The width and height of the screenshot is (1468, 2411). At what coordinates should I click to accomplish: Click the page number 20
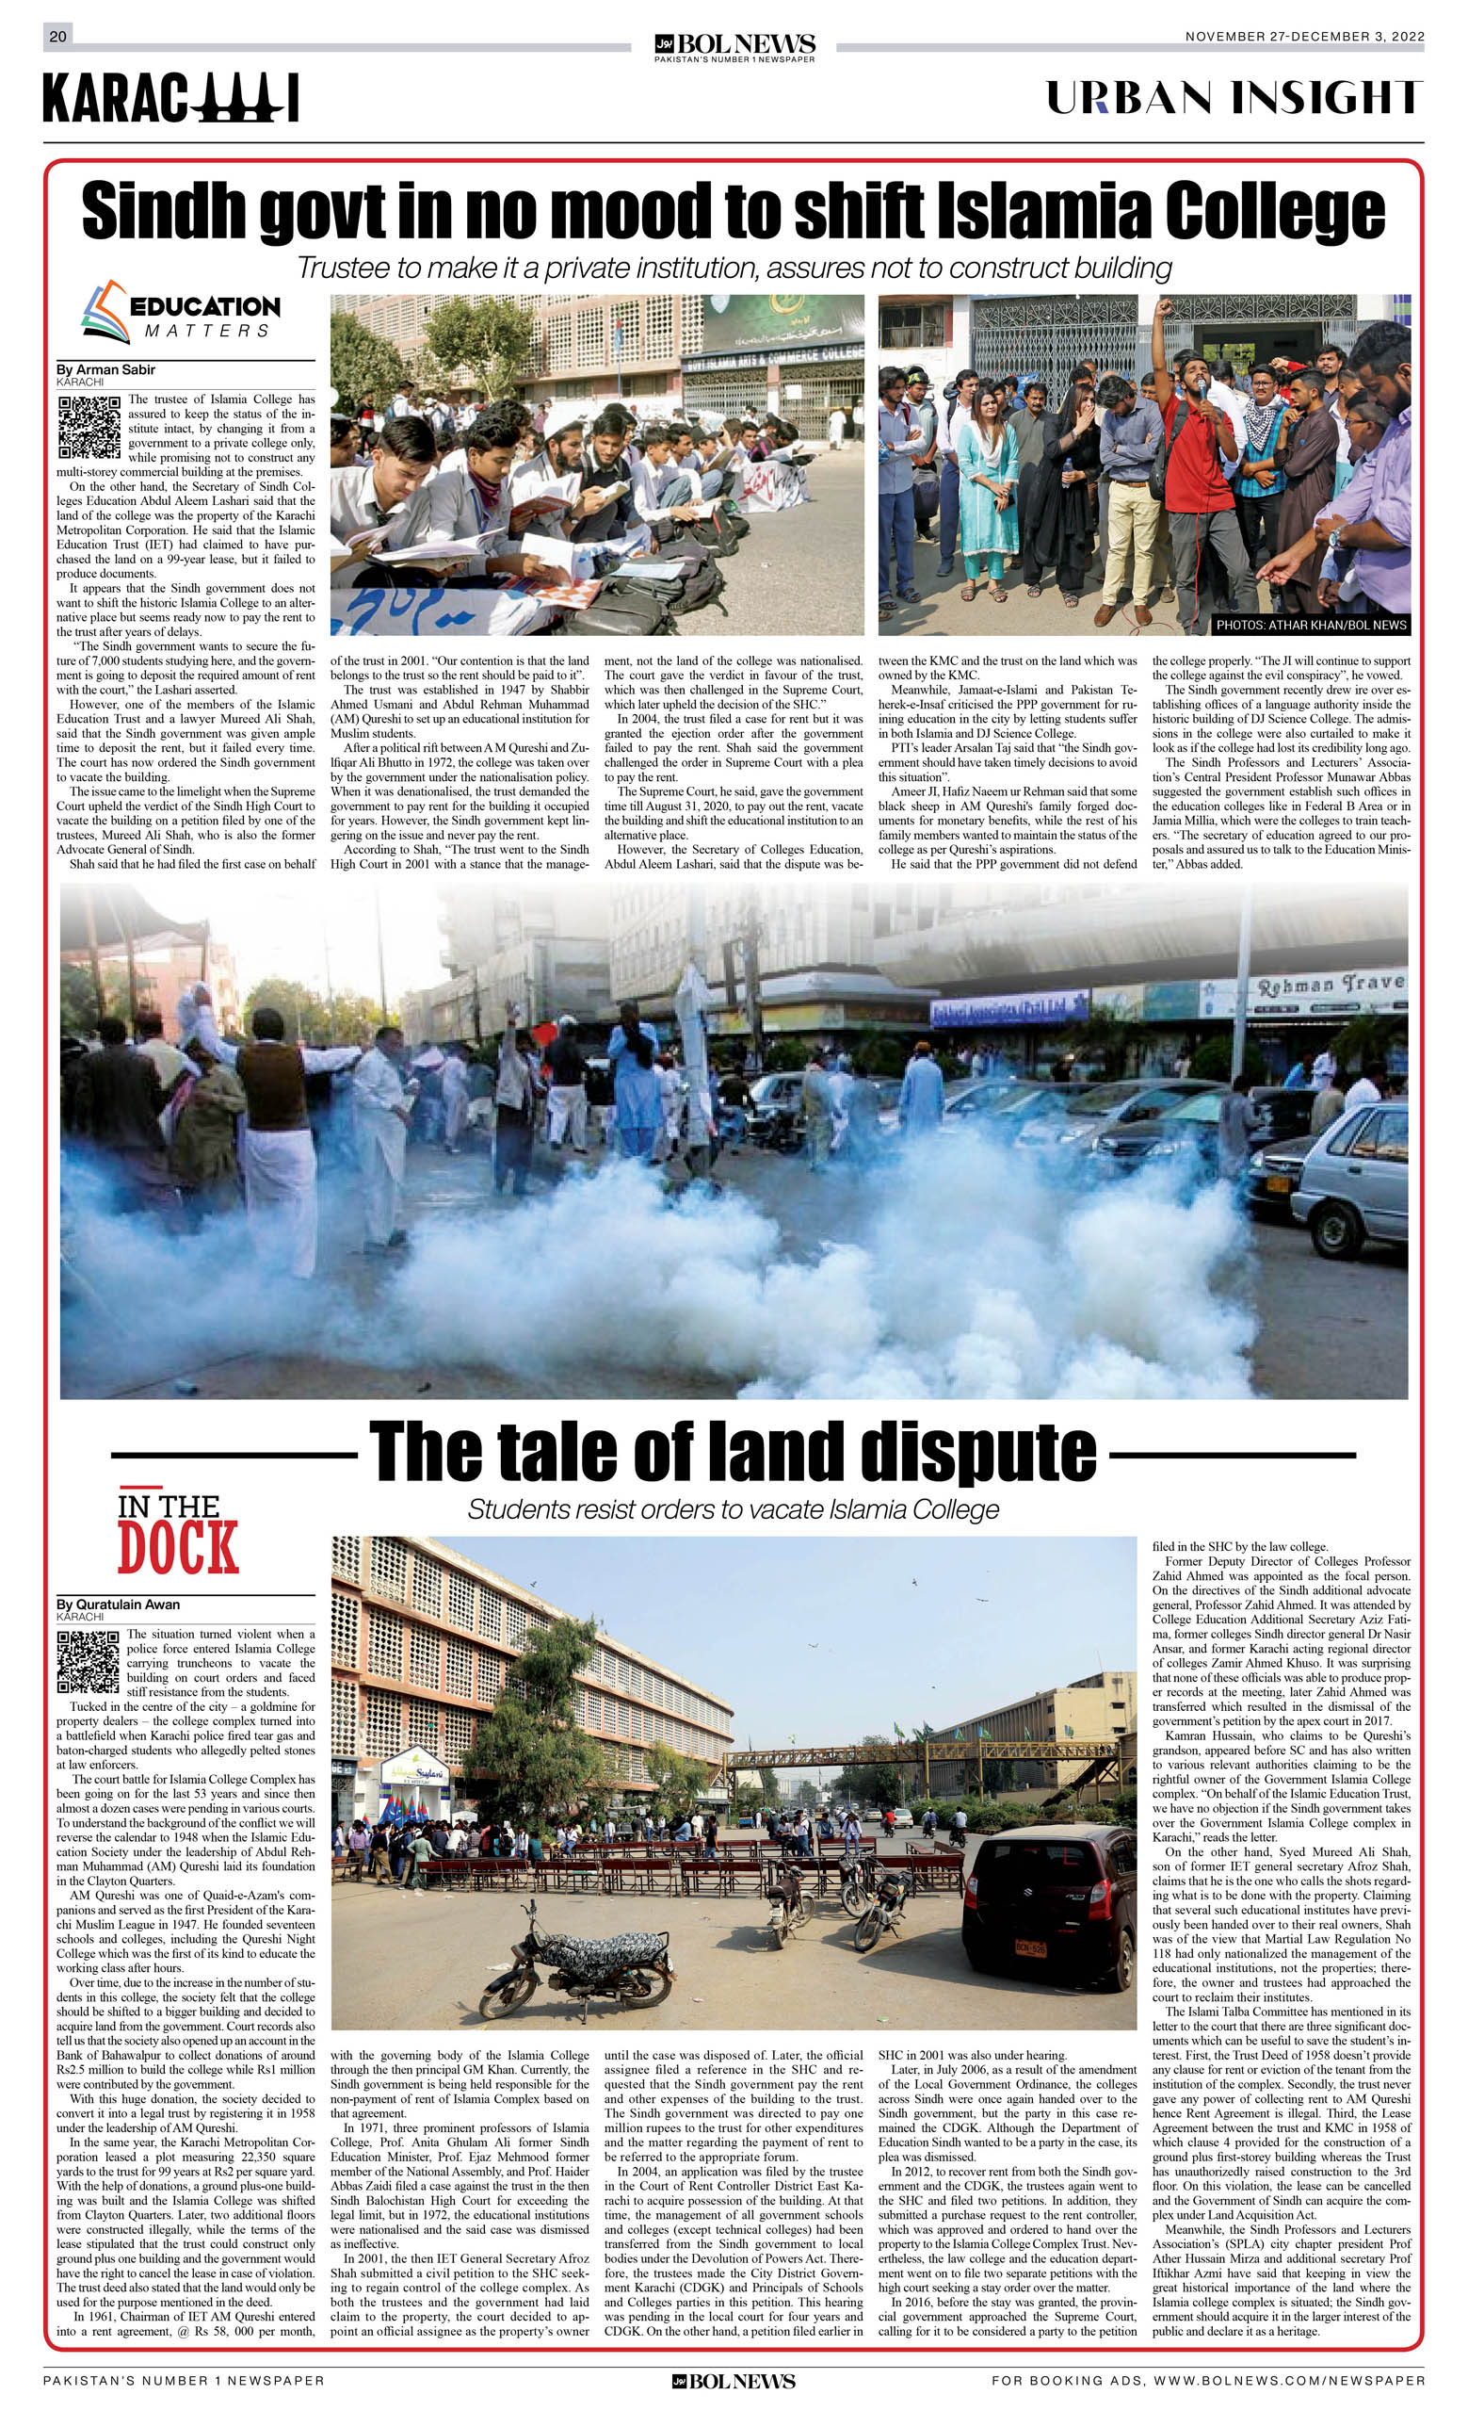57,36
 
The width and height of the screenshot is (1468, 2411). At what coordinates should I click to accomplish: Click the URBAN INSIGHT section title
1234,98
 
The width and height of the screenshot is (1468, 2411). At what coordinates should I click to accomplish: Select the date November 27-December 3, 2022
1304,37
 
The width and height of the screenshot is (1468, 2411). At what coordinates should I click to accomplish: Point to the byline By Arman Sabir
105,370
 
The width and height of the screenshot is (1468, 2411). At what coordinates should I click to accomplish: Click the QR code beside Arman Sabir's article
89,428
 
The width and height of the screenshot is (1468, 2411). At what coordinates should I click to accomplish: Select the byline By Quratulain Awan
119,1605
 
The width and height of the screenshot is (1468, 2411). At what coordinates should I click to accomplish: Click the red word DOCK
178,1548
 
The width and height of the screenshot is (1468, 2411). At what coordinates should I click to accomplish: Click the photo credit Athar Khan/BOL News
1311,625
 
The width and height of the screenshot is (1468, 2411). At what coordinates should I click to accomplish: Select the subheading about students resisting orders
733,1508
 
